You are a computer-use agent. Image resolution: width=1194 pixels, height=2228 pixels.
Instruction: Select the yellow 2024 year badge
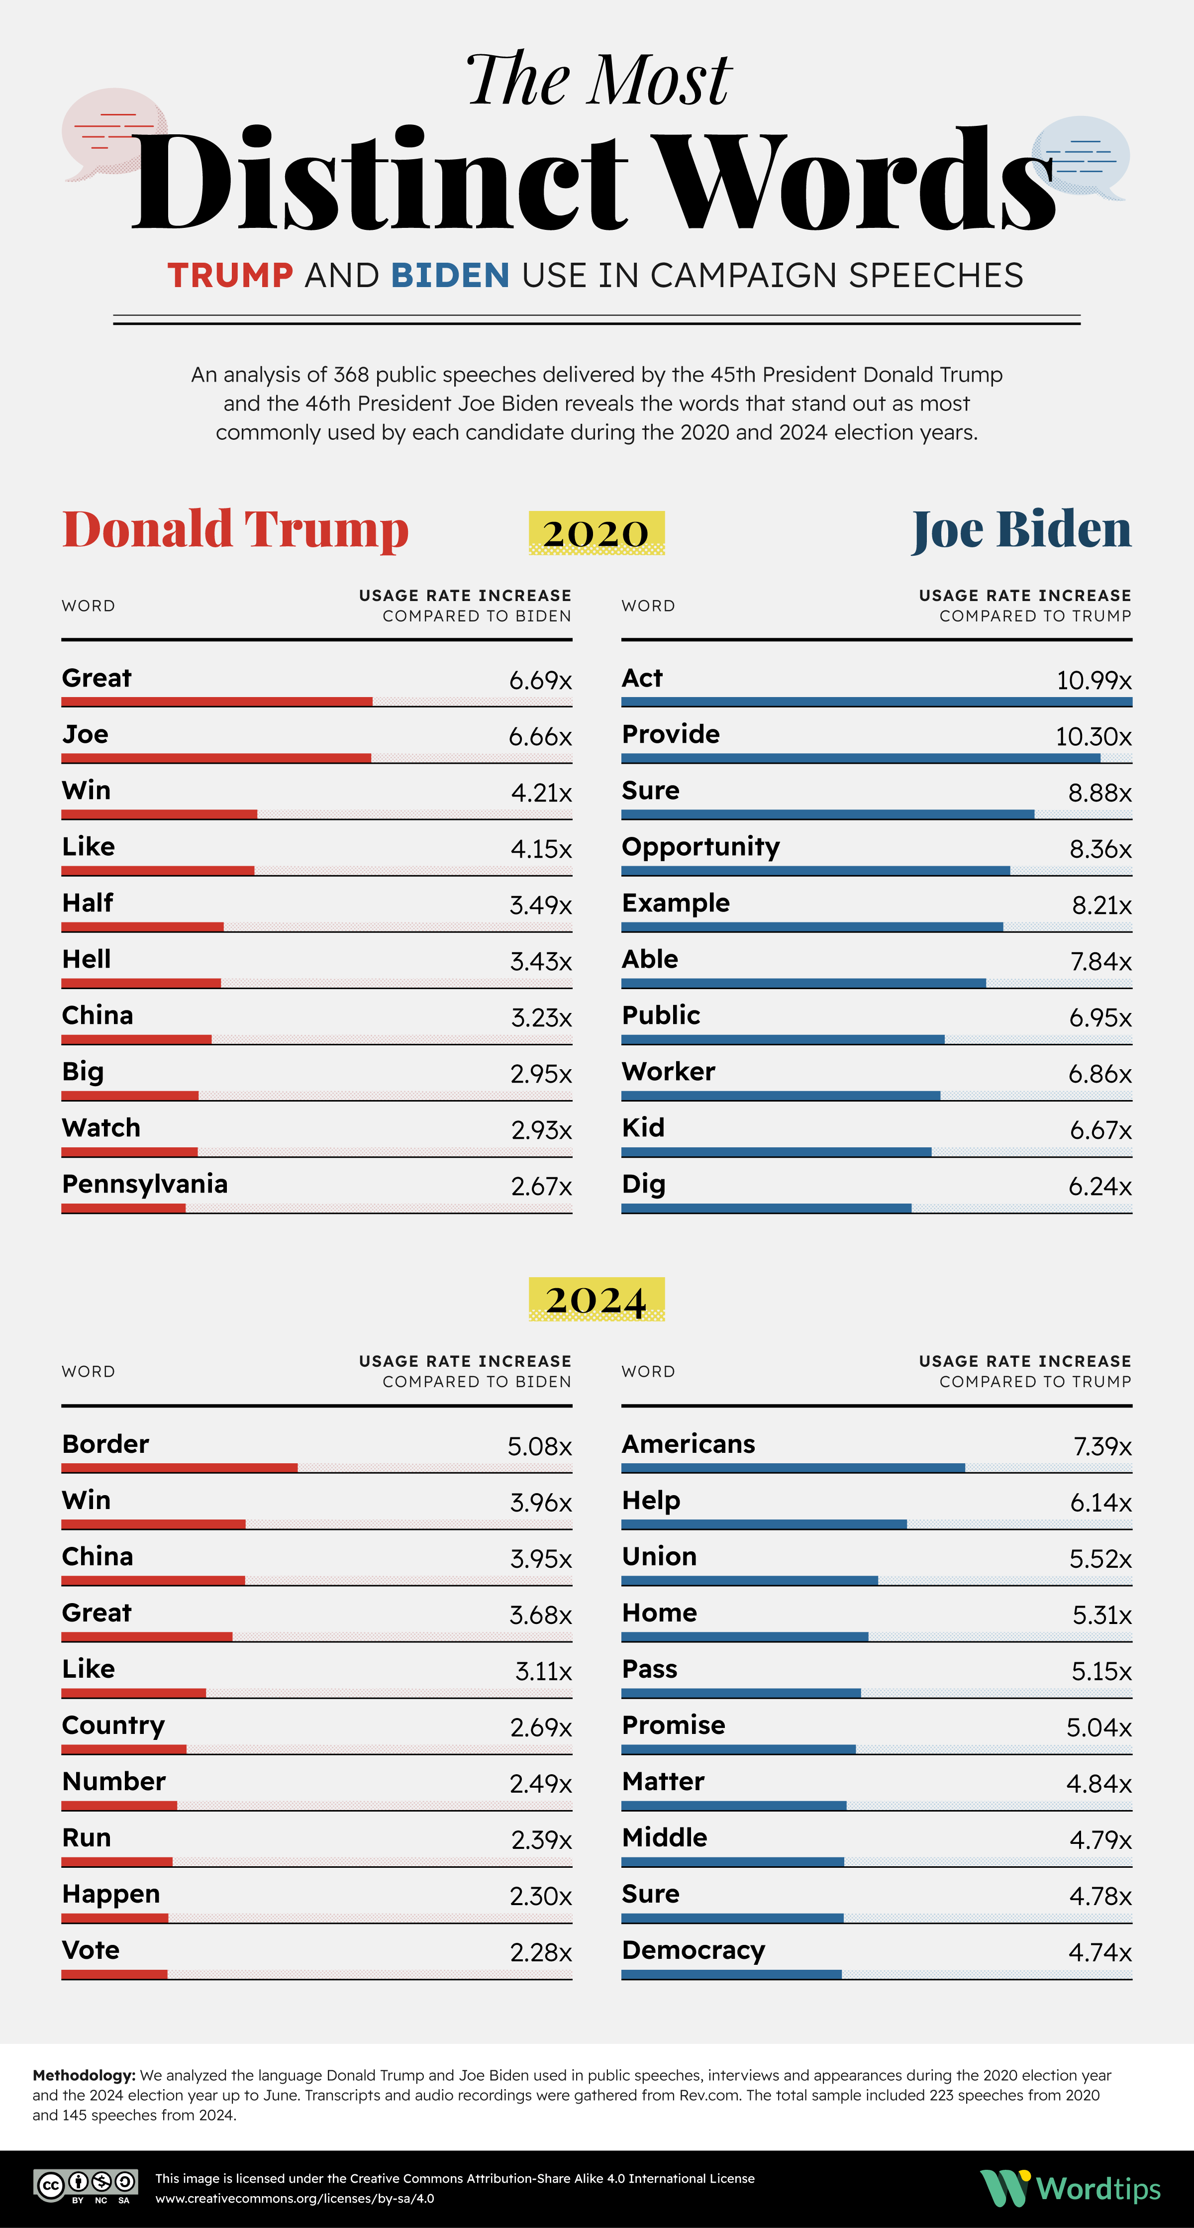point(597,1299)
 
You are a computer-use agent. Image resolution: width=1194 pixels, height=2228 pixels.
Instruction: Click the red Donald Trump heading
point(235,529)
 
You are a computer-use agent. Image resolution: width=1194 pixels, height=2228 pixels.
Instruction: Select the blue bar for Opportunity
point(815,870)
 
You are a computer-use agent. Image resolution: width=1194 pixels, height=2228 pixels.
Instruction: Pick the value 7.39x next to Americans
point(1102,1446)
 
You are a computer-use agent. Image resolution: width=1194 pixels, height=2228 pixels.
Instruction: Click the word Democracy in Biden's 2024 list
point(694,1950)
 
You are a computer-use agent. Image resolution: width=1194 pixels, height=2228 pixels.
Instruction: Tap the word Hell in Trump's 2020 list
point(87,959)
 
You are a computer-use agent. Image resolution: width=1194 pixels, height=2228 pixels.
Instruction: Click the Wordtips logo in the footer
point(1070,2188)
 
